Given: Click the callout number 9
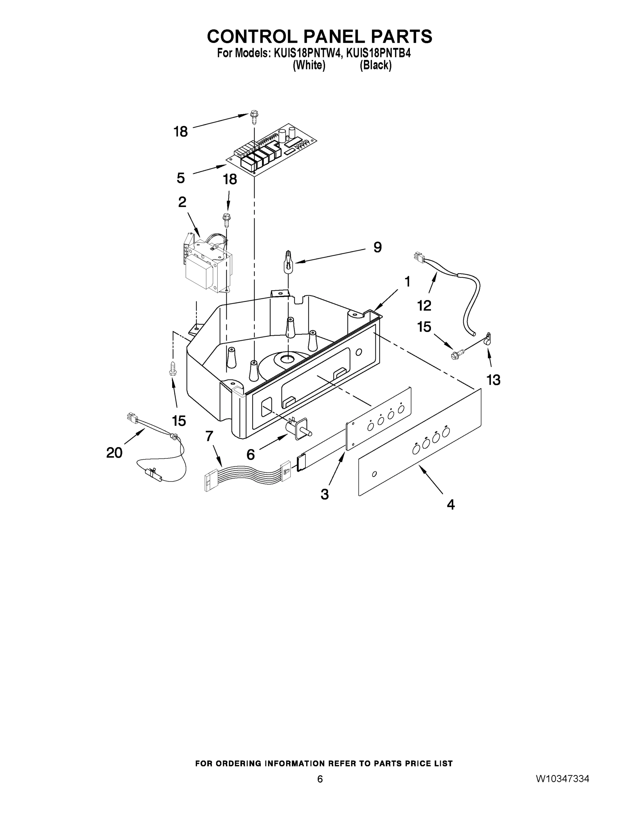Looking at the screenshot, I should pos(377,248).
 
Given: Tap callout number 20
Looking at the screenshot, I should pos(114,452).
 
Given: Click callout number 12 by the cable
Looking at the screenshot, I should pos(424,305).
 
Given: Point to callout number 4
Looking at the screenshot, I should pos(451,505).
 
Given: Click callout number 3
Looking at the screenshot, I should pos(325,494).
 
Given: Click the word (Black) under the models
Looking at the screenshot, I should pos(375,66).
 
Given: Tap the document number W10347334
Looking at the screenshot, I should pos(562,779).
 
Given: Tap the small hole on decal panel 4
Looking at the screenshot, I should pos(375,474).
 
